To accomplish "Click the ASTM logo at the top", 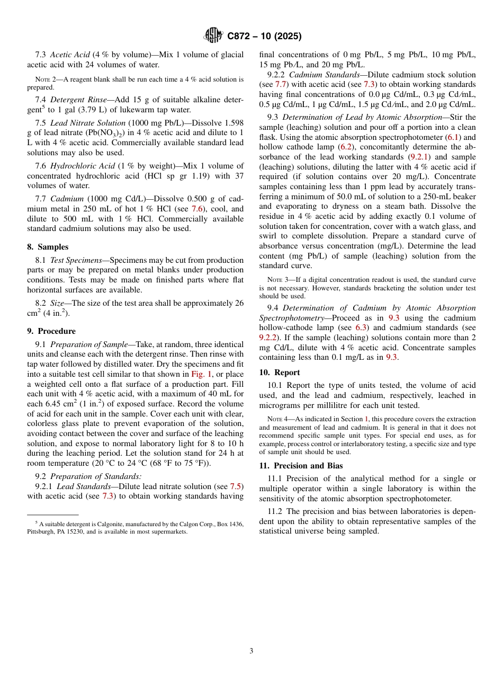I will [213, 36].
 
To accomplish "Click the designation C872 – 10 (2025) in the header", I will [264, 37].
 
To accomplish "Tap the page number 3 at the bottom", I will [251, 651].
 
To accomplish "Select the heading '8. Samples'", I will [48, 247].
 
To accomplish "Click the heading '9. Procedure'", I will [51, 331].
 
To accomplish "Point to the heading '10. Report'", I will [280, 373].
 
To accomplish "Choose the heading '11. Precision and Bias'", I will [301, 466].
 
